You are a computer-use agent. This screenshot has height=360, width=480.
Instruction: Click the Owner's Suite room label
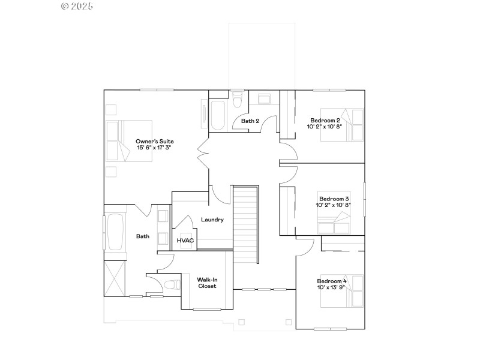154,145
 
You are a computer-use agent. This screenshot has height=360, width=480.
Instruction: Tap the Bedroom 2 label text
325,124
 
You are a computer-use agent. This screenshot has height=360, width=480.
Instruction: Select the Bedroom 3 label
334,202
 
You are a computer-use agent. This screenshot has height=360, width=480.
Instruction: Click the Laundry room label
212,220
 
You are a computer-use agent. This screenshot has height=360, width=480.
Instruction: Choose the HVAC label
184,240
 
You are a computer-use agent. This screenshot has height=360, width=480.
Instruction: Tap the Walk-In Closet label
207,282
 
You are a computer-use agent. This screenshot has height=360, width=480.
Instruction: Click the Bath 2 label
250,121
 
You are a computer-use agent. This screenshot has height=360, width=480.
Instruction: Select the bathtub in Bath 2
217,115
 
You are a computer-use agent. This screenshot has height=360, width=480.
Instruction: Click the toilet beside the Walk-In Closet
170,284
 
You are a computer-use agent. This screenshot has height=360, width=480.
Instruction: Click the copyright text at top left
77,7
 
